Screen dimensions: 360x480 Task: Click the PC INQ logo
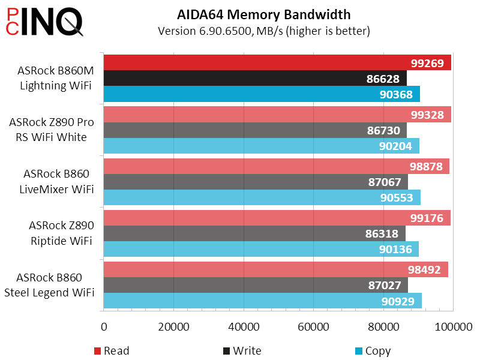point(44,23)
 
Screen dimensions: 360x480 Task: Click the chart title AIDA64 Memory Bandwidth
point(264,14)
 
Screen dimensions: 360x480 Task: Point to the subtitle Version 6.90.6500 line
point(263,31)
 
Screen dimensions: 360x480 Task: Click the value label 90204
point(398,146)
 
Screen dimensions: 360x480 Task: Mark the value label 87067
point(385,182)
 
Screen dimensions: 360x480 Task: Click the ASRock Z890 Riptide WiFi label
point(61,233)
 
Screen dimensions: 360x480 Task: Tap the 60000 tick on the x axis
point(313,327)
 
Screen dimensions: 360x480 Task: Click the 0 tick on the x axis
point(104,327)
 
